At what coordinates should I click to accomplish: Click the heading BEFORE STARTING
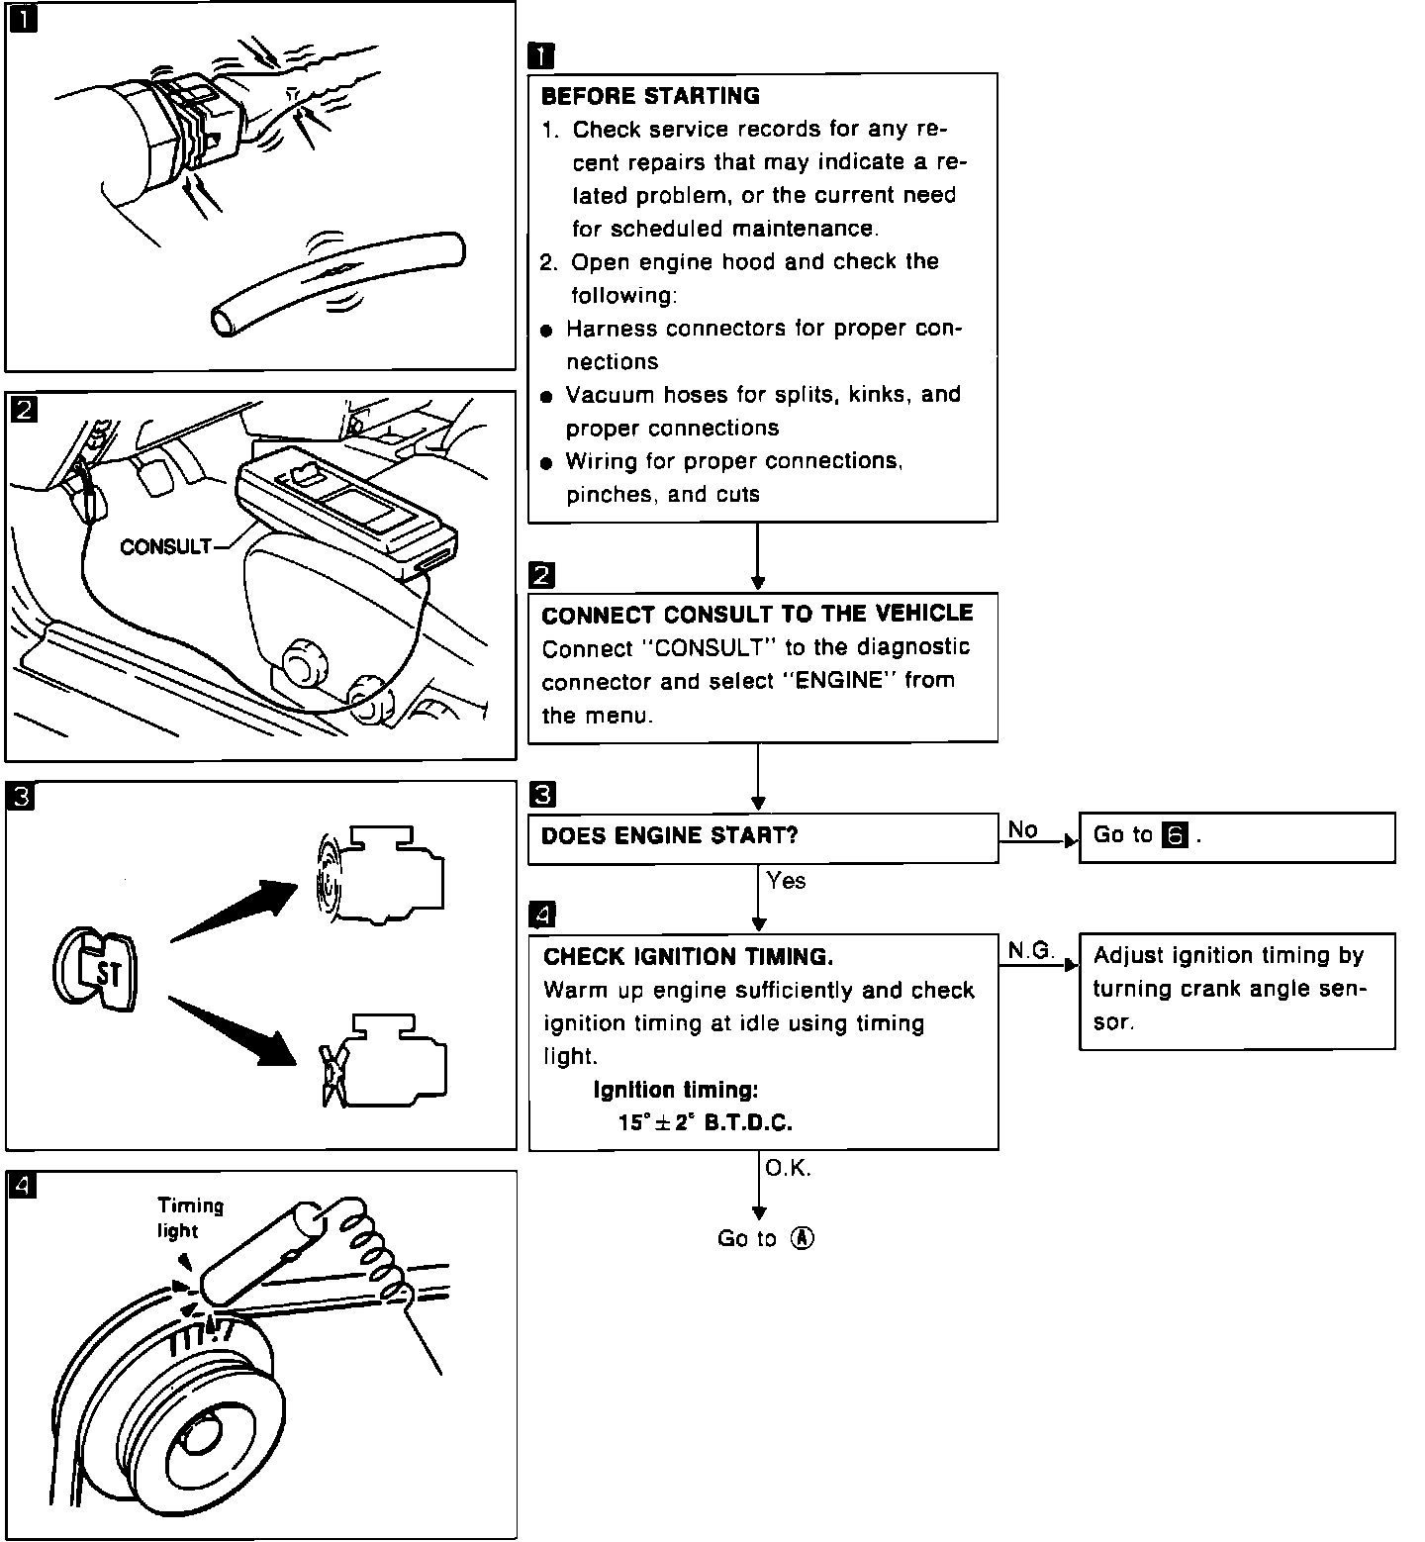(x=650, y=96)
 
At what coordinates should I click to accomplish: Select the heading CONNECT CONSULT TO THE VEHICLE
(x=757, y=614)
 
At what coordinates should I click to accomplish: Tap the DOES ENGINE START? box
(x=762, y=837)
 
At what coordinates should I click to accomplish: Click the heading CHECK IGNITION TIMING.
(x=688, y=956)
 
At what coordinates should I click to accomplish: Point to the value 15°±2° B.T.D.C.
(x=705, y=1122)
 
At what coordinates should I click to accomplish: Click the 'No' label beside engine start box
(x=1022, y=829)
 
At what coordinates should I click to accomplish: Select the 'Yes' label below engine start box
(x=786, y=881)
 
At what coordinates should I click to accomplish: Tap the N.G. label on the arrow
(x=1030, y=950)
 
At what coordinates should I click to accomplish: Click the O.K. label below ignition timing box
(x=788, y=1169)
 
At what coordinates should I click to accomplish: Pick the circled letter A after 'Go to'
(x=803, y=1238)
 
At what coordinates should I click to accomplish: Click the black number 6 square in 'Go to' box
(x=1175, y=835)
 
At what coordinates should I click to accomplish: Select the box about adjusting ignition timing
(x=1236, y=990)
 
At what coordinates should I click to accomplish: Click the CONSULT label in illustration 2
(x=165, y=546)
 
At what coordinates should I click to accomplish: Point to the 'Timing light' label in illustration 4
(x=190, y=1217)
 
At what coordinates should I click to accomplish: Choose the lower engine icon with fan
(x=386, y=1061)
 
